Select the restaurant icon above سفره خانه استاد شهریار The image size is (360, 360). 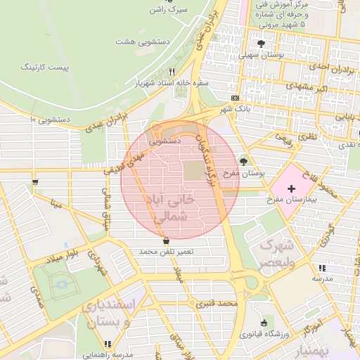172,72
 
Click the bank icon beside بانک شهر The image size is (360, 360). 234,98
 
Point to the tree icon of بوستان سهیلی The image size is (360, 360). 261,43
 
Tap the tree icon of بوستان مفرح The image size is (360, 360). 244,161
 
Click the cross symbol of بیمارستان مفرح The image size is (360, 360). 291,191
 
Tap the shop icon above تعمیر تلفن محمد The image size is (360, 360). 166,240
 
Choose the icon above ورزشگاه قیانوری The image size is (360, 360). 264,322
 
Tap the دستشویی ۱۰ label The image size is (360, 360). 49,120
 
